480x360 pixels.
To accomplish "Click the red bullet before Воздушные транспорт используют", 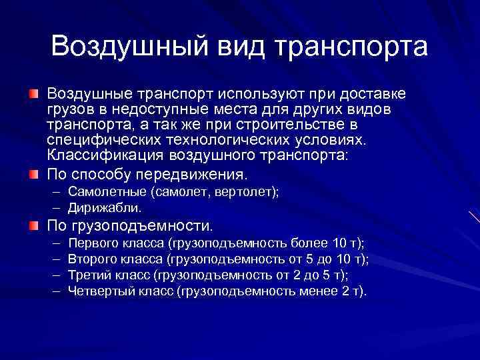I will click(x=33, y=91).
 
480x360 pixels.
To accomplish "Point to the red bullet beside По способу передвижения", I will click(x=33, y=175).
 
